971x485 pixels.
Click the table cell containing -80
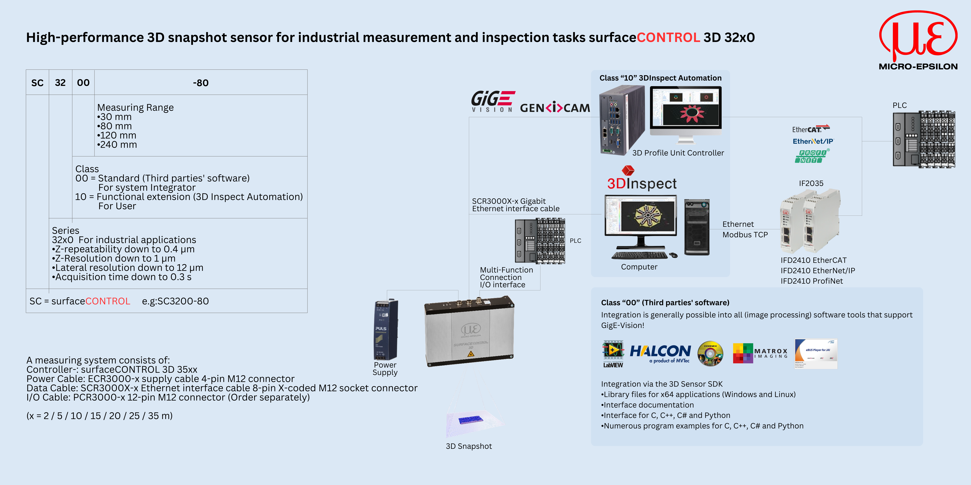(x=200, y=83)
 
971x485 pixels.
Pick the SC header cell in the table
(x=37, y=83)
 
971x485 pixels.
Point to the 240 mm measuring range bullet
(x=117, y=145)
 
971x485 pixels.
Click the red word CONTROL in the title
(x=668, y=37)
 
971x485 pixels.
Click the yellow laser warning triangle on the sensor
(x=470, y=354)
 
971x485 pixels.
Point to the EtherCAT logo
(x=810, y=129)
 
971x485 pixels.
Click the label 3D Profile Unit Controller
(x=678, y=153)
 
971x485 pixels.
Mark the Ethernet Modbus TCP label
(x=745, y=229)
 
